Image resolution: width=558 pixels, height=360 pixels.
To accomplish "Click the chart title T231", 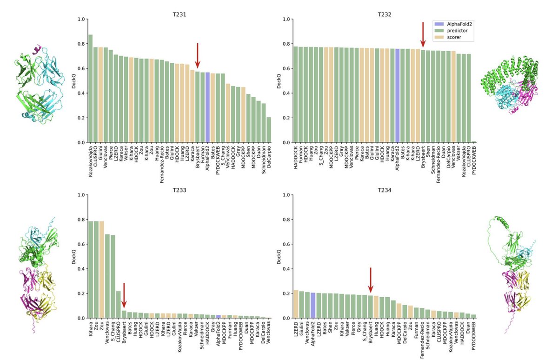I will coord(179,14).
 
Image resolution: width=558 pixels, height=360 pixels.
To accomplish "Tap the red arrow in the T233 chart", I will coord(124,294).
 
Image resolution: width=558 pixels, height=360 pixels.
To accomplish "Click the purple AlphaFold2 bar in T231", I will coord(207,108).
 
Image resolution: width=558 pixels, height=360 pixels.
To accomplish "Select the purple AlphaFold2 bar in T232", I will coord(397,96).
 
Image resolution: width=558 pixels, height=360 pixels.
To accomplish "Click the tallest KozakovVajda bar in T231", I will coord(90,88).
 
